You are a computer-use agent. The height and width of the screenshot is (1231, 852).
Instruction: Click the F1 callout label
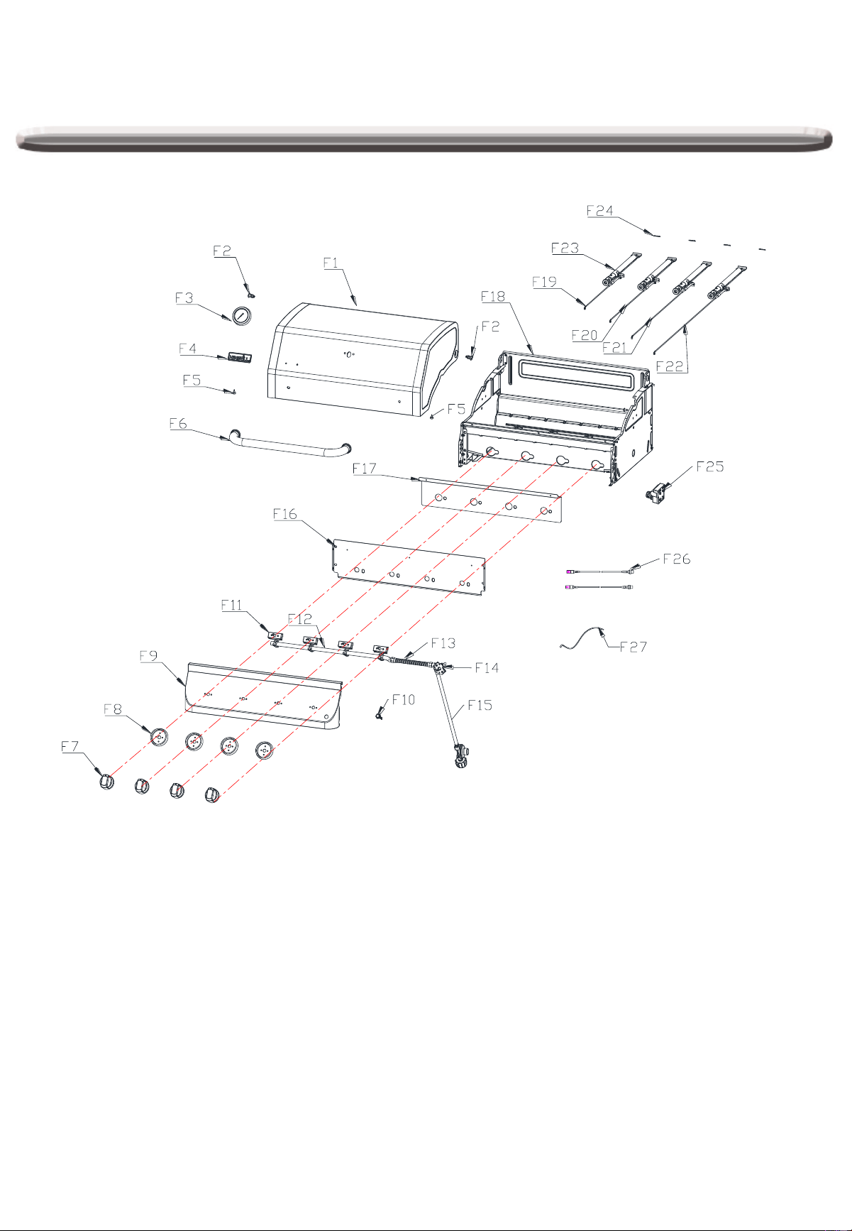pos(331,263)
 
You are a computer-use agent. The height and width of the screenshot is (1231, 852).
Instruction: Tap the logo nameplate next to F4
pos(239,357)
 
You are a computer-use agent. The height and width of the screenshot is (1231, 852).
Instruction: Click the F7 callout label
pos(70,746)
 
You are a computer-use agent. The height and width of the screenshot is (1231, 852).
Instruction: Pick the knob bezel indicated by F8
pos(160,738)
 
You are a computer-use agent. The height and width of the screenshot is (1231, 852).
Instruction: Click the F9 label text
pos(148,657)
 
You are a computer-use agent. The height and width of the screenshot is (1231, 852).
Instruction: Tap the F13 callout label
pos(443,643)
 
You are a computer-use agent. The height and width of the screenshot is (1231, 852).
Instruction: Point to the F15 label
pos(480,705)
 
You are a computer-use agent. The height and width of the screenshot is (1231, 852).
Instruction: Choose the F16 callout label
pos(285,514)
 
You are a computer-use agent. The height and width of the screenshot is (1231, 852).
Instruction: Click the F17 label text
pos(365,469)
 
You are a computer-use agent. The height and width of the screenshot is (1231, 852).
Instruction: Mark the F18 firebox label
pos(493,296)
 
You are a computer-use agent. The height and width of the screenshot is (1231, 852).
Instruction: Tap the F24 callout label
pos(599,211)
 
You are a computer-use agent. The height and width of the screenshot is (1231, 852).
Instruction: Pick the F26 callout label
pos(677,559)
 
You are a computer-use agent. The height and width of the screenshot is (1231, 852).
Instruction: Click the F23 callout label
pos(565,248)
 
